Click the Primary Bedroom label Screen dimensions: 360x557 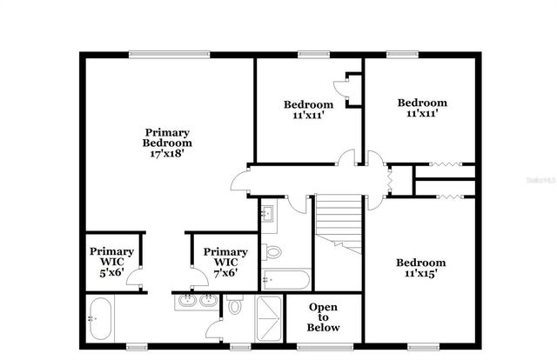click(x=167, y=137)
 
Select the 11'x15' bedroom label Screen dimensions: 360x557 click(x=421, y=268)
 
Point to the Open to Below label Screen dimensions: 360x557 click(x=324, y=317)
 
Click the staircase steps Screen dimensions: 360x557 click(x=339, y=223)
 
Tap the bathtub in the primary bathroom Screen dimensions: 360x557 click(x=100, y=319)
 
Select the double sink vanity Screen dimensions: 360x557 click(x=198, y=302)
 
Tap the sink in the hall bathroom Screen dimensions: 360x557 click(x=267, y=212)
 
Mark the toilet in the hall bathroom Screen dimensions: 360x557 click(x=272, y=253)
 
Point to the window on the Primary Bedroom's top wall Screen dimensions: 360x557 click(x=169, y=54)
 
